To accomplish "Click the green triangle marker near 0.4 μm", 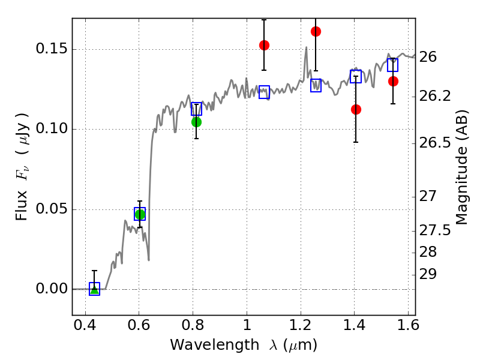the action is [95, 290].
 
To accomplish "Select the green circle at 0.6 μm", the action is [140, 214].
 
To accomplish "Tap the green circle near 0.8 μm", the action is [196, 122].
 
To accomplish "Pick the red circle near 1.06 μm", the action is [264, 46].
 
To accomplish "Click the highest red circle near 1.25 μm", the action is [316, 31].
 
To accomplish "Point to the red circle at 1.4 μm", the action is [356, 109].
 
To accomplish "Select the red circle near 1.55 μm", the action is [393, 82].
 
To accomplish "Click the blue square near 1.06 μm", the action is [264, 92].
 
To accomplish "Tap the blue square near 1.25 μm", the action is [316, 85].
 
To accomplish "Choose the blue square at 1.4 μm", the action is [356, 76].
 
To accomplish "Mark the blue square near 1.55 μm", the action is [393, 65].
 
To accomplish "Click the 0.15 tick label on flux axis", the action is [52, 49].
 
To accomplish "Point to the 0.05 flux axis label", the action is [52, 209].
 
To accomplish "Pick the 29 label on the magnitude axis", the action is [428, 274].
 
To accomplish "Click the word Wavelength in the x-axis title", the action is [215, 345].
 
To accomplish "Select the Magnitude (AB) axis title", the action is [462, 167].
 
